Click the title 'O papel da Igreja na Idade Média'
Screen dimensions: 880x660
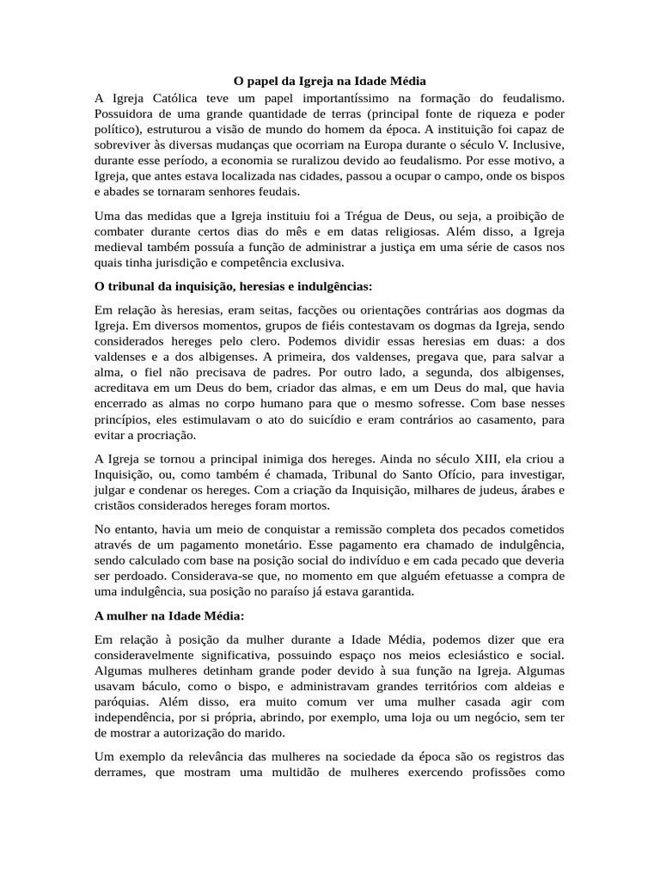point(330,81)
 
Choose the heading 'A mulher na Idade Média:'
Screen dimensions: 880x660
point(169,615)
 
